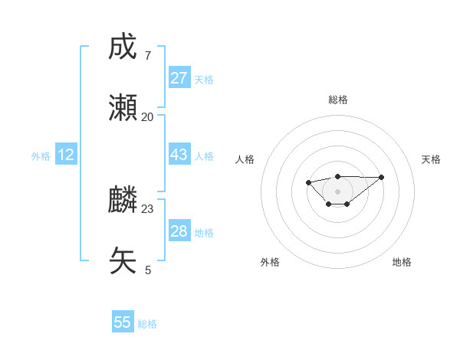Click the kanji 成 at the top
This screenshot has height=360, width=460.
[x=123, y=47]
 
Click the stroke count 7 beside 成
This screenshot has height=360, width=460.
[x=147, y=55]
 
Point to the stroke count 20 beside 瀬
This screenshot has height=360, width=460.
[x=147, y=116]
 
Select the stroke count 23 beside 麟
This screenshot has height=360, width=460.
[x=147, y=208]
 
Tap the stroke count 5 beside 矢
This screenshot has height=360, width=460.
[x=147, y=270]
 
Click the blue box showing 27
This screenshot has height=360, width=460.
[x=179, y=78]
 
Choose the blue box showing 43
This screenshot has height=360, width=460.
[x=179, y=155]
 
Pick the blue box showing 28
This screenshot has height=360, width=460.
[x=179, y=231]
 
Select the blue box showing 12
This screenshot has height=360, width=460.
[x=66, y=155]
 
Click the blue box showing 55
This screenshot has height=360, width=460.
[x=123, y=322]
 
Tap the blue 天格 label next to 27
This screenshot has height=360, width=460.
[x=204, y=80]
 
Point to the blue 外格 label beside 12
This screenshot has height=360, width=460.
[x=41, y=156]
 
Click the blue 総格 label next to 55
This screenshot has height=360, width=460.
[x=147, y=324]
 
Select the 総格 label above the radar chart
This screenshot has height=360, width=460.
[x=337, y=100]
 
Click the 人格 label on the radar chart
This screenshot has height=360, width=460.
[x=245, y=159]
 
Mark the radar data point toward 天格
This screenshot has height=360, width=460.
[x=382, y=177]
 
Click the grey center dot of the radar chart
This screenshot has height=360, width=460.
[x=337, y=191]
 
